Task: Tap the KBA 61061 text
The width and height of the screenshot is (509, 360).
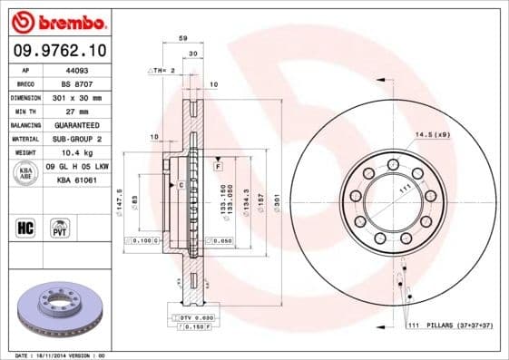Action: (78, 180)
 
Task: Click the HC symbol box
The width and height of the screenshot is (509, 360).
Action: (26, 227)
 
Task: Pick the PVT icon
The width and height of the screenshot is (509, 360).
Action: (61, 227)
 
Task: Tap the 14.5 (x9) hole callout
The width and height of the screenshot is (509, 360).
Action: (433, 135)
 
